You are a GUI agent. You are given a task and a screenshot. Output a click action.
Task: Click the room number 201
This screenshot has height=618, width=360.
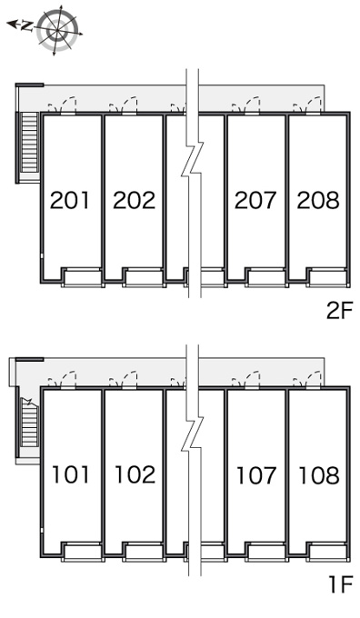tap(70, 200)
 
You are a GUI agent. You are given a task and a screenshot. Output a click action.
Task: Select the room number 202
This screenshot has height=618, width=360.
tap(134, 200)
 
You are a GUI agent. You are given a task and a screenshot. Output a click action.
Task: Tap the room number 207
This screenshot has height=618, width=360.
tap(255, 200)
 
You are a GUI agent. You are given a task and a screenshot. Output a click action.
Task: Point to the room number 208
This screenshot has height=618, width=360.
tap(318, 200)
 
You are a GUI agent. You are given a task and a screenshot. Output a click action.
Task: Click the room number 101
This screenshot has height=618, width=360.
tap(71, 474)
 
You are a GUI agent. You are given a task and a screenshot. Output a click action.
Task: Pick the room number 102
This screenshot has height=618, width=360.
tap(135, 474)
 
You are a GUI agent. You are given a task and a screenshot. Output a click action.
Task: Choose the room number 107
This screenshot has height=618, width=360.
tap(255, 474)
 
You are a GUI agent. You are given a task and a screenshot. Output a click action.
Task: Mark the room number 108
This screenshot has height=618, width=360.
tap(319, 474)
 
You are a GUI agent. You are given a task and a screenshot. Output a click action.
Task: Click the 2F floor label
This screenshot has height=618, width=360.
tap(339, 311)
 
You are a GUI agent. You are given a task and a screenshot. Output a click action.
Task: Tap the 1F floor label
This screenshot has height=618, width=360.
tap(341, 584)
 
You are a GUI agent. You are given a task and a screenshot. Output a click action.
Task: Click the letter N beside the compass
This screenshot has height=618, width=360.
tap(26, 26)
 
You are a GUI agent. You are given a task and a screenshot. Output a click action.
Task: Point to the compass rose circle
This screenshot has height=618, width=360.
tap(57, 31)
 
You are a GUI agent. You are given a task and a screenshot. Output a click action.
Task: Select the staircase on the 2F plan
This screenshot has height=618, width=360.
tap(29, 143)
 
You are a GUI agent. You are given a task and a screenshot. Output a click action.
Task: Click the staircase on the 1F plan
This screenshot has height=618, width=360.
tap(29, 423)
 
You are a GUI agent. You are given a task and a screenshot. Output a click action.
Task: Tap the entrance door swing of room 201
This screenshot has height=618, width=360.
tap(63, 105)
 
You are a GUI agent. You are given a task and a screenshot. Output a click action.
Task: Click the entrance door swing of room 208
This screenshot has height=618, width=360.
tap(308, 105)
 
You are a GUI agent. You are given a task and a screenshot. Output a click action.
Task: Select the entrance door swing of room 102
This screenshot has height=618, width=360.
tap(124, 380)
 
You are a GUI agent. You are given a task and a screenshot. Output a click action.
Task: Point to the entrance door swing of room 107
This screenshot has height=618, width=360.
tap(246, 380)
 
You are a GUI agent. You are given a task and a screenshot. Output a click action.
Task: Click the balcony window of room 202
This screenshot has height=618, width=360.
tap(144, 277)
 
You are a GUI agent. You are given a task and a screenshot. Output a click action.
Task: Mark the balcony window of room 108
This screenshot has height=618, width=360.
tap(328, 552)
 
